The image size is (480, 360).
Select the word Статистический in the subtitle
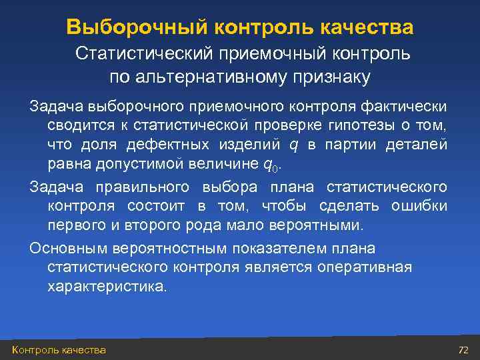(144, 53)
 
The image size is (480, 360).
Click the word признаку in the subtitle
(331, 77)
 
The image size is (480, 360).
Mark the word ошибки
(420, 205)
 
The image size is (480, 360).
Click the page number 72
(464, 350)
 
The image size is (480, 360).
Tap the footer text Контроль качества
(59, 350)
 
